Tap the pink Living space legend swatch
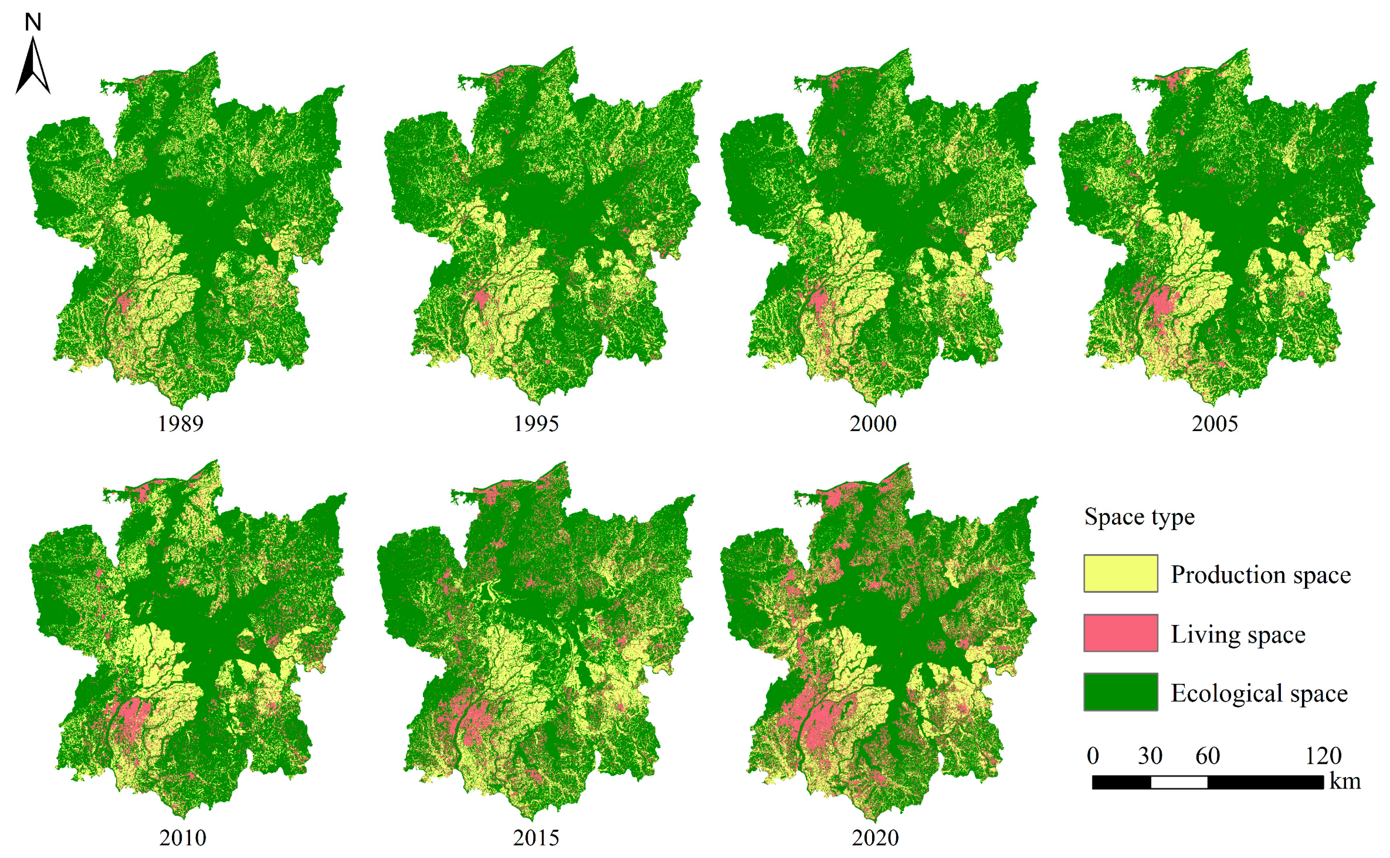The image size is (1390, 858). (1120, 633)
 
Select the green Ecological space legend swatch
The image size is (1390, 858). (1120, 692)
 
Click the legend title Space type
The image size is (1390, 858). (1139, 516)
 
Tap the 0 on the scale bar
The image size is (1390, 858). (1093, 756)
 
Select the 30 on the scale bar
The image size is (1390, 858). (1150, 756)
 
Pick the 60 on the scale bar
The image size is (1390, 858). (1207, 756)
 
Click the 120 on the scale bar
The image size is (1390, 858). (1323, 756)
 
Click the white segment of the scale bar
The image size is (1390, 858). (1179, 782)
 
